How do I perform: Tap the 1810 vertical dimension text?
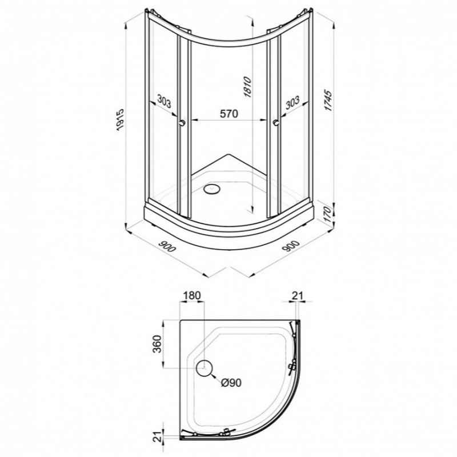(247, 87)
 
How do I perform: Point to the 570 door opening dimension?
(229, 113)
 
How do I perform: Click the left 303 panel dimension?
(165, 102)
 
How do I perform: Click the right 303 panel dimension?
(292, 102)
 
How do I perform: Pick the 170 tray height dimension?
(328, 214)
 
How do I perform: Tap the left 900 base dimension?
(167, 246)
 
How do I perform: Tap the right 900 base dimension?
(290, 246)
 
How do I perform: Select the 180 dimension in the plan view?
(191, 295)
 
